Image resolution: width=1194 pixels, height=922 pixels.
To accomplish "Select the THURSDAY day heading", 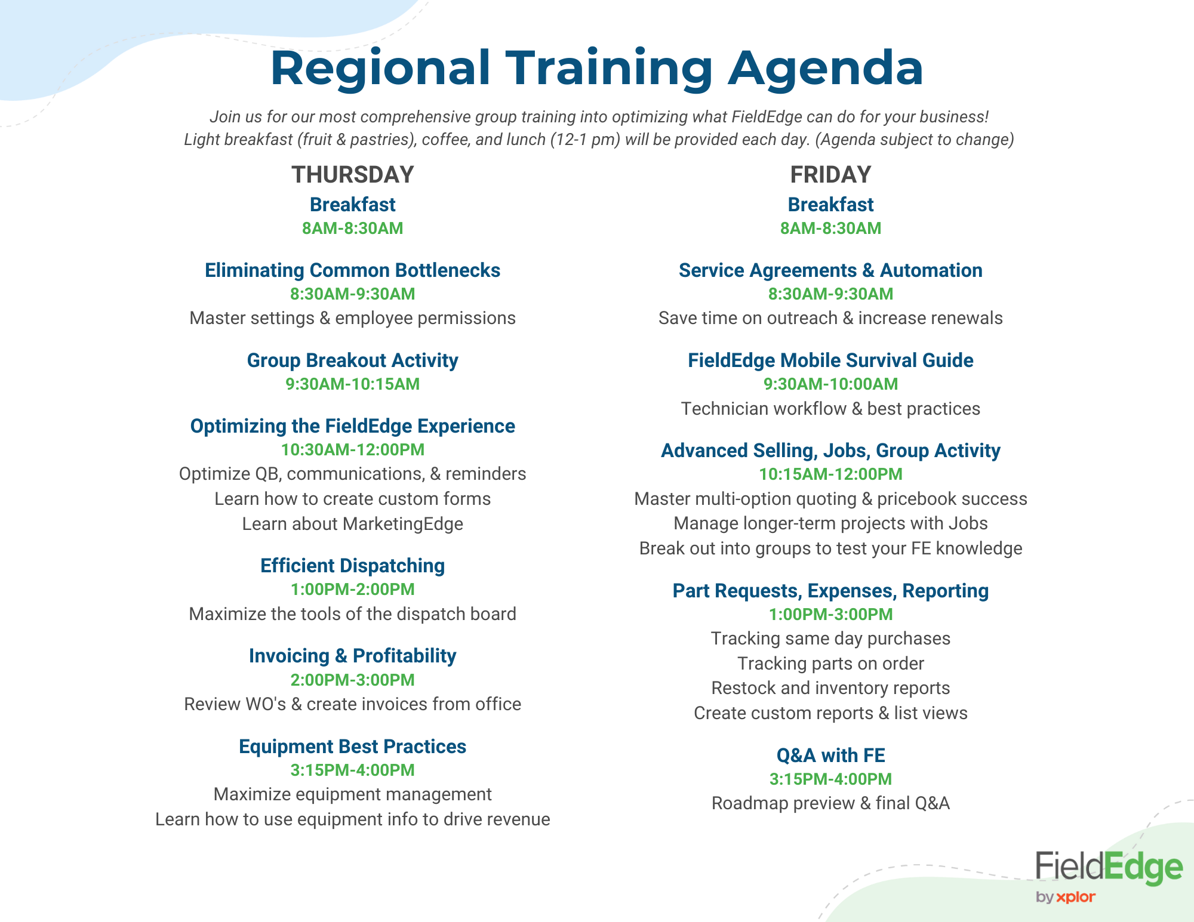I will point(352,175).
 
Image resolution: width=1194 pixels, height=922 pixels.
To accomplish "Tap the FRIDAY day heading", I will point(830,175).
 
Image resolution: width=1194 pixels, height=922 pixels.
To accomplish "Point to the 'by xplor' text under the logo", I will point(1066,897).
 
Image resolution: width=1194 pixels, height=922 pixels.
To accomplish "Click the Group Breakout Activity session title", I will point(352,360).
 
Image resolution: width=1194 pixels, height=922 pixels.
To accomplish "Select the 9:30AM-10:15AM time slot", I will point(352,384).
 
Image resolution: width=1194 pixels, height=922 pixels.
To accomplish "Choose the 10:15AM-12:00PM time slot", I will point(830,474).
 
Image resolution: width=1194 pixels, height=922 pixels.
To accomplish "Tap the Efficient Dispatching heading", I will point(352,566).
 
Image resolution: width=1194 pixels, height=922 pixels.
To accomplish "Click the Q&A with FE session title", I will point(830,756).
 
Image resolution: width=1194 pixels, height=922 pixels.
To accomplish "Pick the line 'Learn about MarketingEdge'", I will point(352,524).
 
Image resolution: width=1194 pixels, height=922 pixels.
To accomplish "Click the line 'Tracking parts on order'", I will point(830,664).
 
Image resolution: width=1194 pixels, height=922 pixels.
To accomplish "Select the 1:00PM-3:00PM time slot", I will point(830,615).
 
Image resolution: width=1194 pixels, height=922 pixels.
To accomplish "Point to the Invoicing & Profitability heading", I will point(352,656).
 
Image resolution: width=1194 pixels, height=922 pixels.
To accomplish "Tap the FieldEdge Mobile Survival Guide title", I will point(830,360).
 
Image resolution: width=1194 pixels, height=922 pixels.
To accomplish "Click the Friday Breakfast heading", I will point(830,205).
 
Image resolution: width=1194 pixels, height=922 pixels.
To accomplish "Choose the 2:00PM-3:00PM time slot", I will point(352,680).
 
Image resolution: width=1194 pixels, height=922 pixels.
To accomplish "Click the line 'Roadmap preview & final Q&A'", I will point(830,803).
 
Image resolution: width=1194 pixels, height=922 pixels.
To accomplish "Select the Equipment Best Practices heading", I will point(352,747).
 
